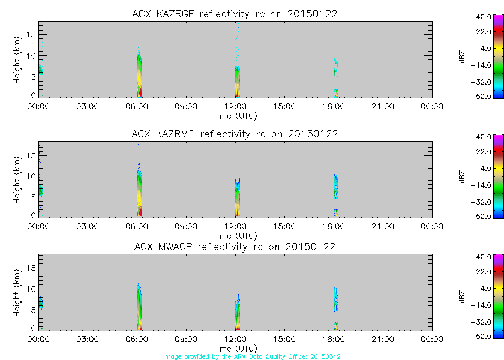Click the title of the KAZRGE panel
coord(235,14)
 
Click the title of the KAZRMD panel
coord(235,134)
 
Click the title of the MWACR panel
coord(235,247)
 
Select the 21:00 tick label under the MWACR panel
coord(383,340)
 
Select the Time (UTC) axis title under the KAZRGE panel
coord(235,115)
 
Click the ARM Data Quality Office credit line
coord(252,356)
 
